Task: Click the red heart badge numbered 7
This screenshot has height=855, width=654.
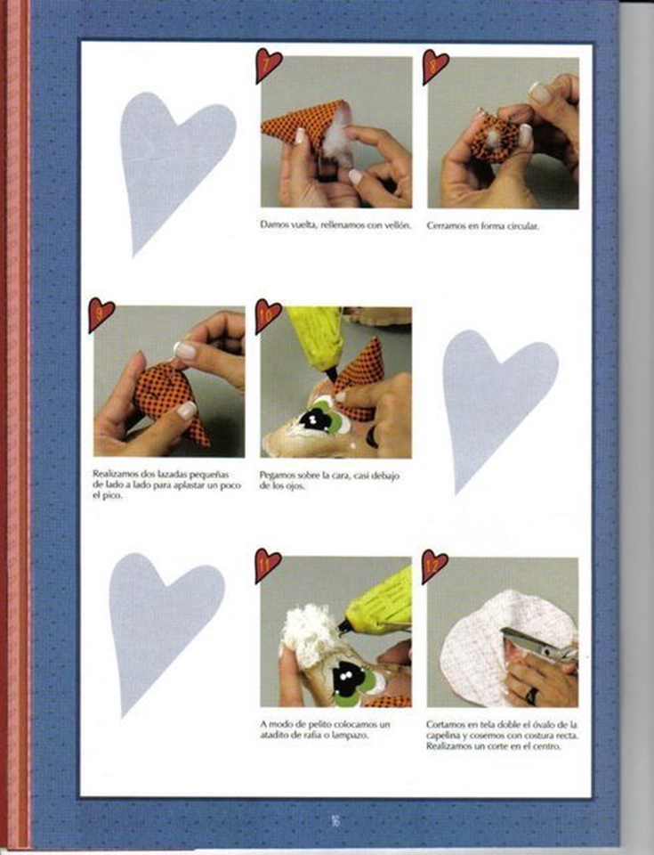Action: (268, 65)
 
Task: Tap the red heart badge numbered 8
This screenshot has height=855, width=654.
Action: (435, 66)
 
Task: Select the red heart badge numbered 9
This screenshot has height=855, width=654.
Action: (101, 314)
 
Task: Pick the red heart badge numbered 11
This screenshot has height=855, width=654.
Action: (268, 565)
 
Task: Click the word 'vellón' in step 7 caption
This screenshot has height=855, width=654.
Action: (398, 224)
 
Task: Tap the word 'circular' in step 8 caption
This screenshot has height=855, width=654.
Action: (521, 225)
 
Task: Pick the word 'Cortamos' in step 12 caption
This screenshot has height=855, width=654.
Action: (445, 725)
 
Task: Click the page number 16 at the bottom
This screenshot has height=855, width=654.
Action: (335, 820)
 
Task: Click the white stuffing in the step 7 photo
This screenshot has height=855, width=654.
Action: (336, 140)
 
